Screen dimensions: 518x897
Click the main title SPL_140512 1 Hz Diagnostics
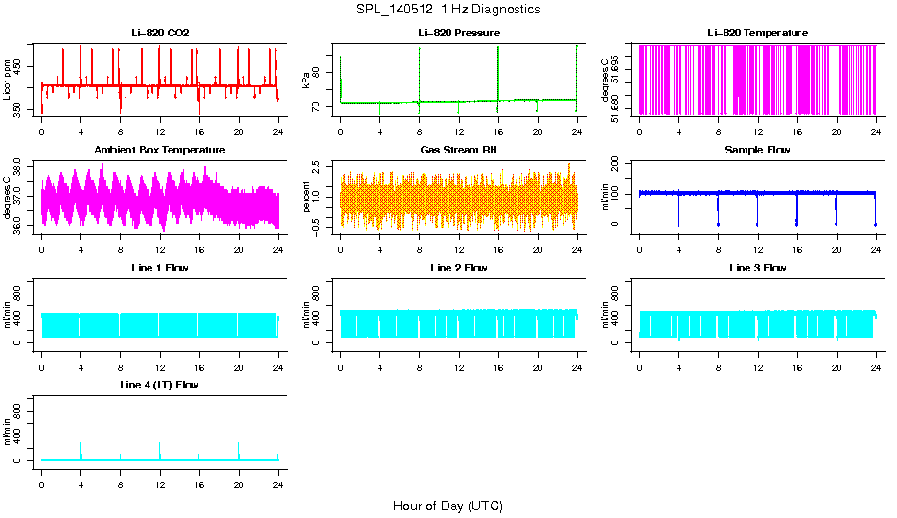[x=448, y=10]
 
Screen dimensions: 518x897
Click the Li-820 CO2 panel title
[x=160, y=33]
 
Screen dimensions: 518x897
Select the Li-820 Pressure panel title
[x=459, y=33]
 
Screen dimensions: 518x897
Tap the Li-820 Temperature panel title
[x=757, y=33]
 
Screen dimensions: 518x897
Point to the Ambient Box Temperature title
[x=160, y=151]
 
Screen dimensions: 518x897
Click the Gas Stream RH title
[x=459, y=151]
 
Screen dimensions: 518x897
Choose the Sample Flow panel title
[x=757, y=151]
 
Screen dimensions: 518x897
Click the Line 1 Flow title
[x=160, y=268]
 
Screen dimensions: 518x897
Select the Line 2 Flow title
[x=459, y=268]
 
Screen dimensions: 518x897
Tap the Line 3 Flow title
[x=757, y=268]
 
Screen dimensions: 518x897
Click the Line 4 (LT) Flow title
[x=160, y=385]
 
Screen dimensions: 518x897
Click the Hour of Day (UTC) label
[x=448, y=506]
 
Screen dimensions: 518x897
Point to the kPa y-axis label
[x=306, y=81]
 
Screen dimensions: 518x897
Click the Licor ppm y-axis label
[x=8, y=81]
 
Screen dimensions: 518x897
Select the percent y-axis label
[x=306, y=198]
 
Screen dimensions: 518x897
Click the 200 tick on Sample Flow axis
[x=620, y=161]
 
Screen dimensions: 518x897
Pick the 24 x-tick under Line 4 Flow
[x=278, y=476]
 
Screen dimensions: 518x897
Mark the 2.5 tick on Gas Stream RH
[x=321, y=166]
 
